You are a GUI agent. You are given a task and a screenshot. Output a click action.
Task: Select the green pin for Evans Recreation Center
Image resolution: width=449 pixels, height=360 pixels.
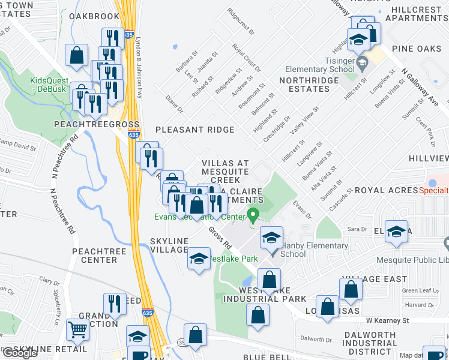tap(253, 214)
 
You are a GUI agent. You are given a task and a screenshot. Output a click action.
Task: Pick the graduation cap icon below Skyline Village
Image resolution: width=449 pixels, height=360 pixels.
tap(199, 259)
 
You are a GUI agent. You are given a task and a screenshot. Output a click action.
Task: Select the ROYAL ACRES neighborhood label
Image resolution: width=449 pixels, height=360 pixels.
tap(386, 190)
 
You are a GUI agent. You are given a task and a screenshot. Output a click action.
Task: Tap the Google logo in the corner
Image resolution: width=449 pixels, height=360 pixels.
tap(20, 353)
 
